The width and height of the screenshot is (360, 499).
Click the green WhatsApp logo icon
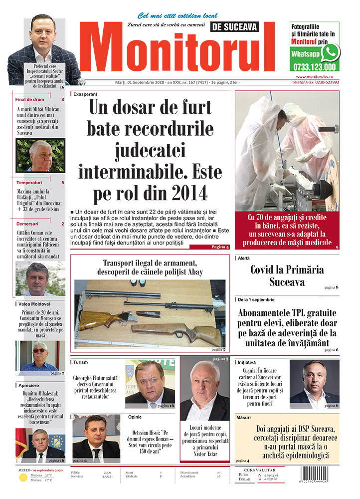330,52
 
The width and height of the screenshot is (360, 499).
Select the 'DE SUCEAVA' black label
236,27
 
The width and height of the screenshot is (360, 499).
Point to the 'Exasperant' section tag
85,94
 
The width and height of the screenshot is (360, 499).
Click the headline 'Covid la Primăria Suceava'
287,275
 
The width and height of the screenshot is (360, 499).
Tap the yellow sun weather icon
22,478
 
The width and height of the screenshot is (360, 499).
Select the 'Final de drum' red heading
30,100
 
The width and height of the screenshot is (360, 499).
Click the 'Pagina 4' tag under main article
220,247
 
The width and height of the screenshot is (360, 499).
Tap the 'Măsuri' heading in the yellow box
245,417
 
